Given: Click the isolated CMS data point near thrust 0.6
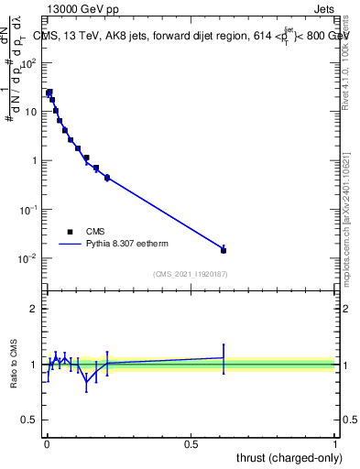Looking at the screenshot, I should point(224,249).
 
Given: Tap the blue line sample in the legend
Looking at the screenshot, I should point(71,245).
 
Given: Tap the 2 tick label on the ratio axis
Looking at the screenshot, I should point(33,309).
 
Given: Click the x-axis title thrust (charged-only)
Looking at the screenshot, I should point(292,457).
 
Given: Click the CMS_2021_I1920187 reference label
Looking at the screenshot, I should point(190,274).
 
